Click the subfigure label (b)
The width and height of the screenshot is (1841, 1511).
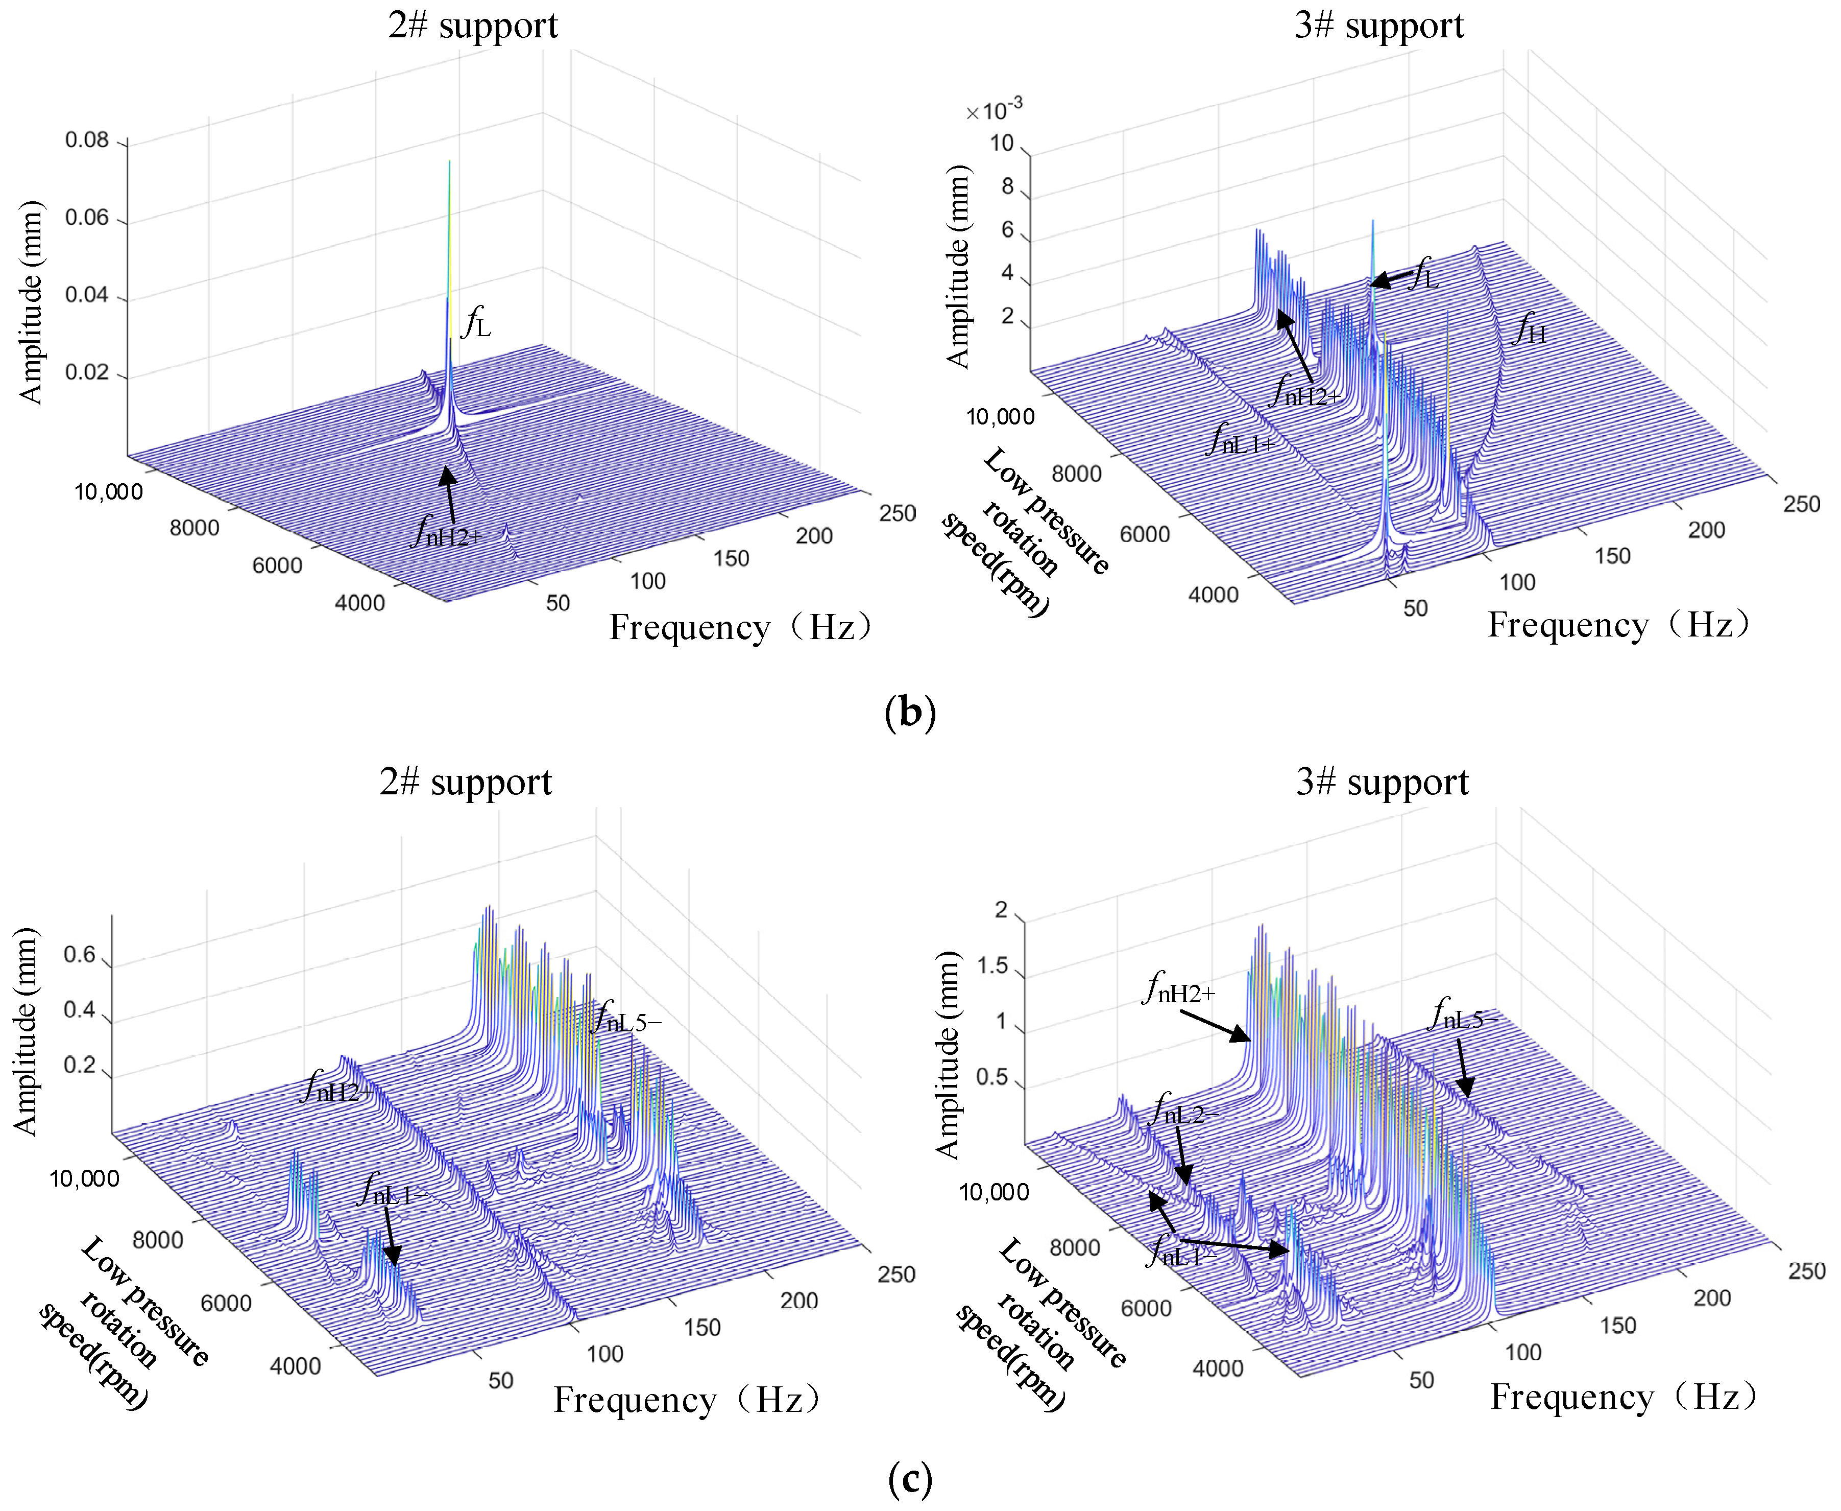click(x=910, y=712)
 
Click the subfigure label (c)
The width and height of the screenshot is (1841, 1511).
click(x=910, y=1478)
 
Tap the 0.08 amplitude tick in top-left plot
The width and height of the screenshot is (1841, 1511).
click(x=87, y=140)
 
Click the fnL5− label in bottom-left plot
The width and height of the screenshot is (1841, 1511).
click(x=625, y=1019)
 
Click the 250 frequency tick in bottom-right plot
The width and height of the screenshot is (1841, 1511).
click(x=1806, y=1271)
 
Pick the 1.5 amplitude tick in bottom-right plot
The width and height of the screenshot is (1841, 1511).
click(x=992, y=966)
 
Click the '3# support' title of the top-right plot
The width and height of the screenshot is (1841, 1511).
click(x=1379, y=25)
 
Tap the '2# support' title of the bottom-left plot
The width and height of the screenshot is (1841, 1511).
click(x=466, y=782)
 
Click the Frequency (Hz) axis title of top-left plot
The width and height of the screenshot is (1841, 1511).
click(x=740, y=627)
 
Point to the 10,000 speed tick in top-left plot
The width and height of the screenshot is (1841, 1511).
click(x=108, y=492)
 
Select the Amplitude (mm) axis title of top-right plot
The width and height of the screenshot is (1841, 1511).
click(x=957, y=266)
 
